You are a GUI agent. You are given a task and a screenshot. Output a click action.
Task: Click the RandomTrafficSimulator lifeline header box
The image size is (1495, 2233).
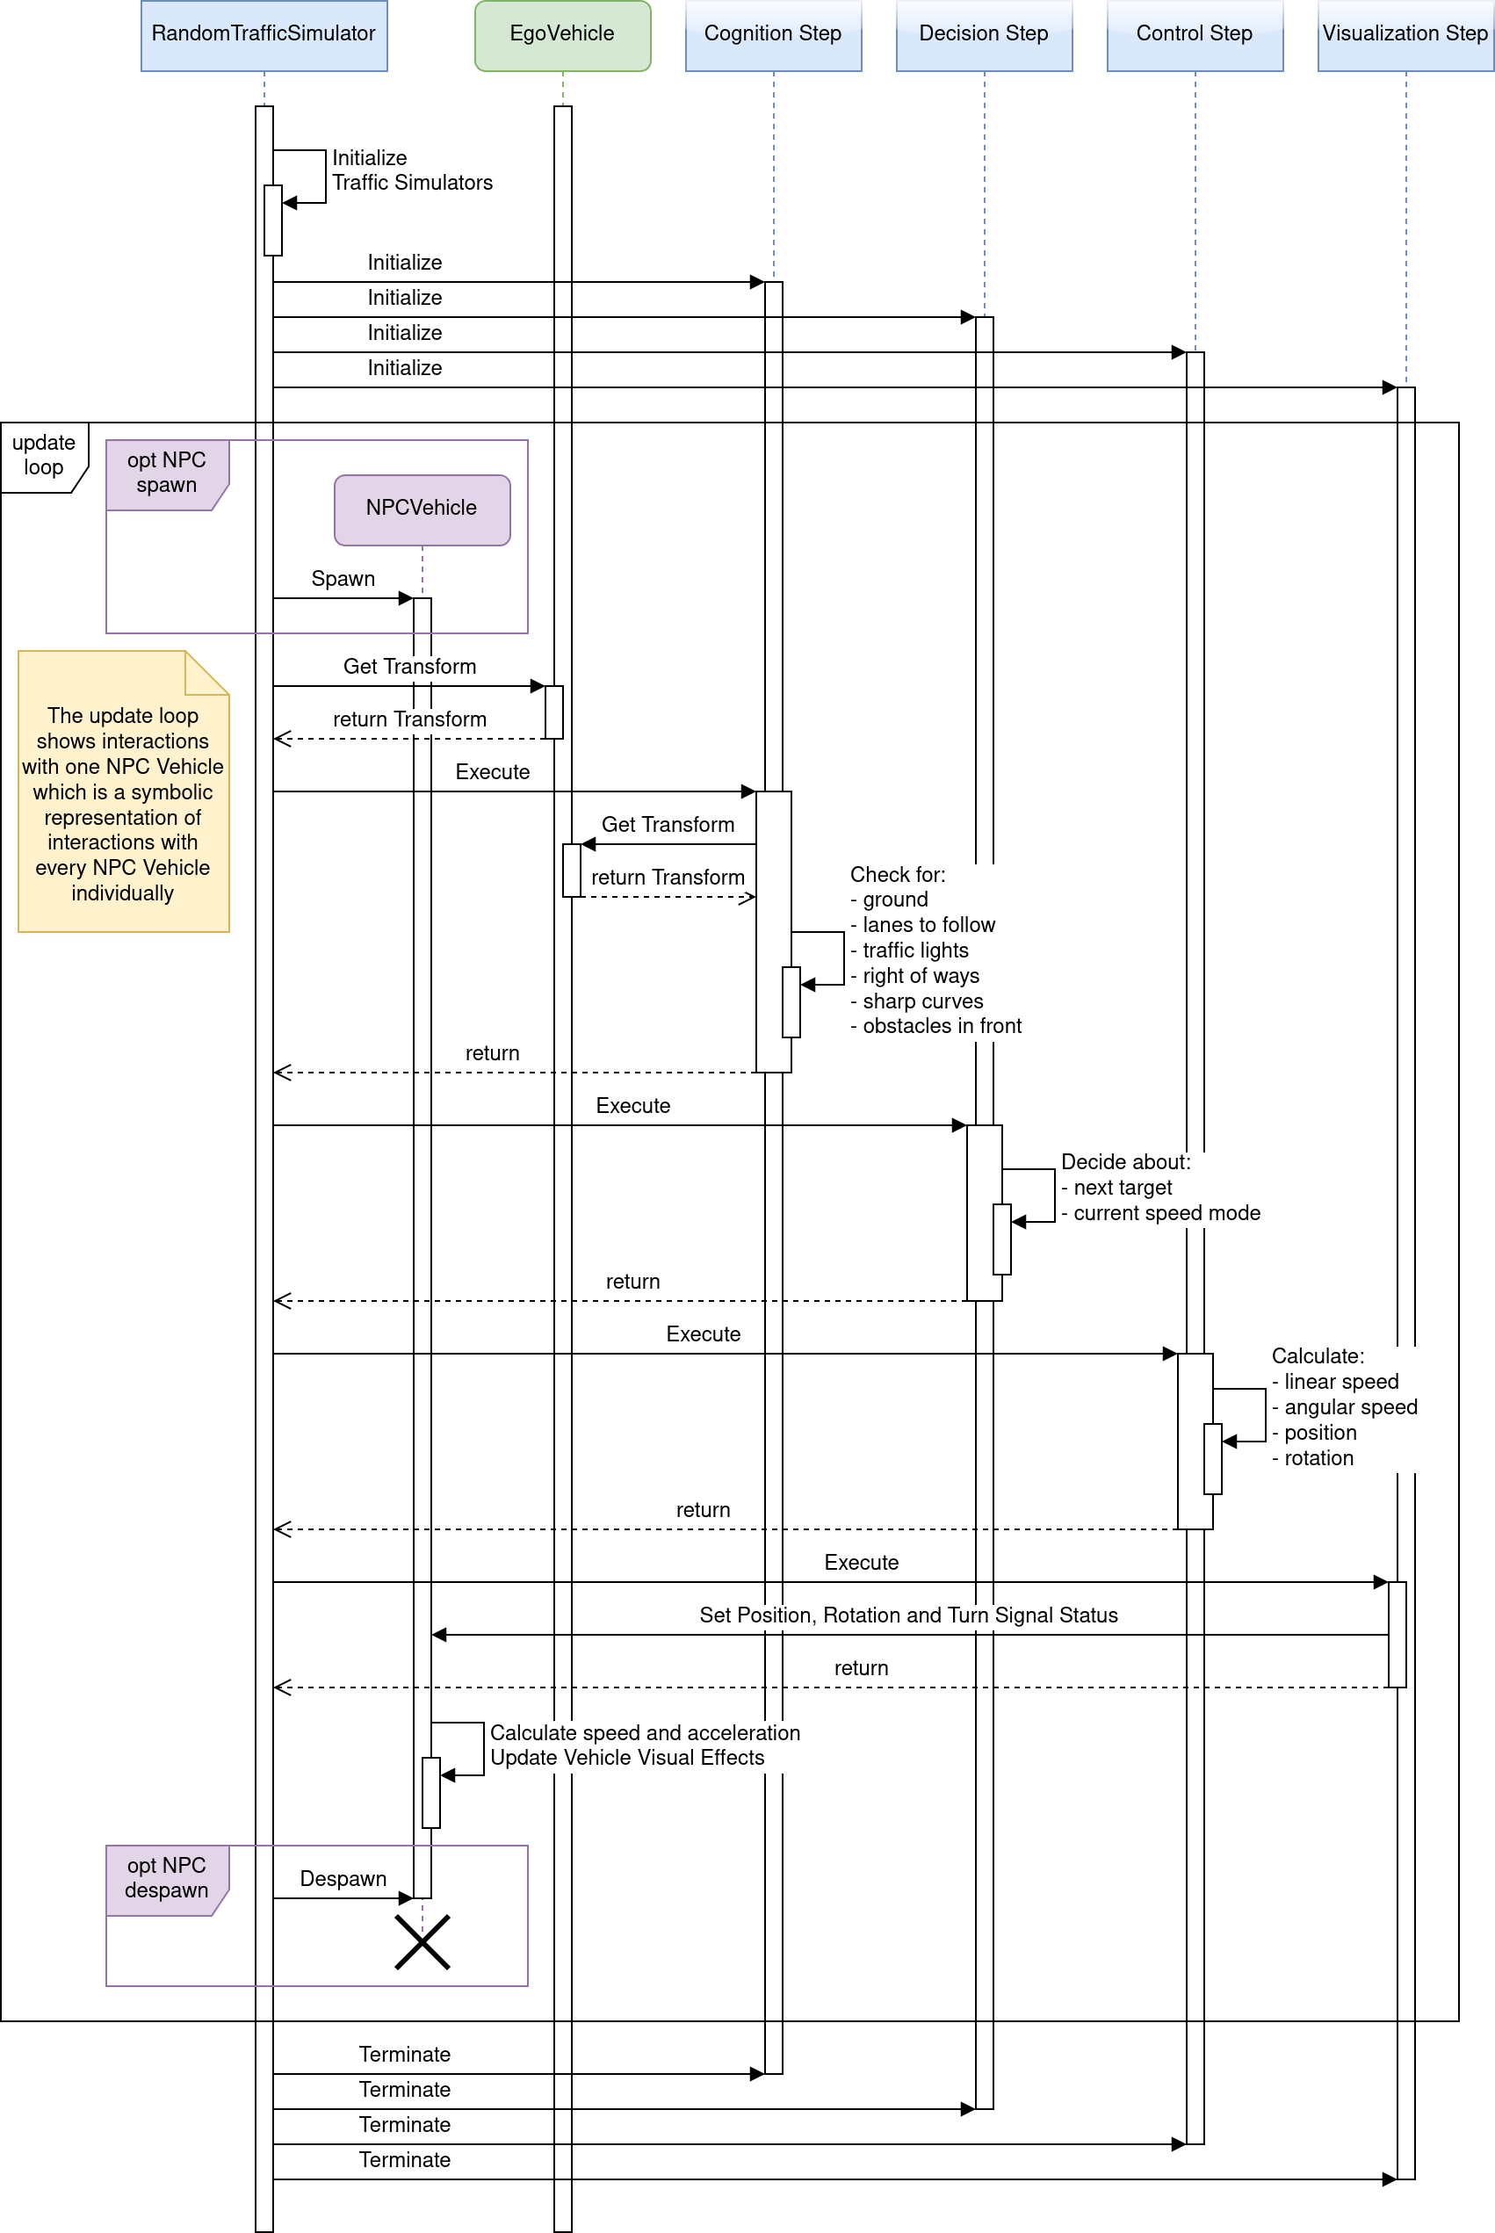[x=264, y=34]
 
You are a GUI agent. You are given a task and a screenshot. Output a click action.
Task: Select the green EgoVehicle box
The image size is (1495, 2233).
[x=562, y=34]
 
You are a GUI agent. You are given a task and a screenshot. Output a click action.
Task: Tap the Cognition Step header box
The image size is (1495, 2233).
[x=772, y=34]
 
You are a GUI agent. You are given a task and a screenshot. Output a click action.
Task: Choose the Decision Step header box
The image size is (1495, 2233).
[x=983, y=34]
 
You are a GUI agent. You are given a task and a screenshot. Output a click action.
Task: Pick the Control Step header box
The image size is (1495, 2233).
[x=1194, y=34]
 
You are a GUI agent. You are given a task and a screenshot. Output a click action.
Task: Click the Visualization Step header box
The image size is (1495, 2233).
[x=1405, y=34]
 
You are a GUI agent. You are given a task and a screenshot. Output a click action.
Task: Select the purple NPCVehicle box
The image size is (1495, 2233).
[x=422, y=509]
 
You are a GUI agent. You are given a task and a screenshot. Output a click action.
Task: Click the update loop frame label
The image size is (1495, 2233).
[x=43, y=455]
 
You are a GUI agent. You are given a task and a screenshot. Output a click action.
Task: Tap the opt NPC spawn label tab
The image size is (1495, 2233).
[x=166, y=473]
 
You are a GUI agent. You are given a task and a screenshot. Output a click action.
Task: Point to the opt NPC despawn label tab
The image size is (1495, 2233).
[x=166, y=1877]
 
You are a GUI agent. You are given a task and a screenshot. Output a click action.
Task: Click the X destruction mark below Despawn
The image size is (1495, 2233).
[x=422, y=1942]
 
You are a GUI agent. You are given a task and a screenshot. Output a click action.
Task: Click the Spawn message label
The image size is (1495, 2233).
[x=343, y=579]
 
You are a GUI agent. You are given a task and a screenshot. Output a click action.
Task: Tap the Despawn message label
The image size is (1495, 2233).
[x=343, y=1878]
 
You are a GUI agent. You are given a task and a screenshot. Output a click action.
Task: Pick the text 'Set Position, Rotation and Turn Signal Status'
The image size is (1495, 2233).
[x=907, y=1615]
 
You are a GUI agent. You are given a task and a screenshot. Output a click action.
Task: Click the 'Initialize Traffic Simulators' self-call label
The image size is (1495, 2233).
[x=411, y=170]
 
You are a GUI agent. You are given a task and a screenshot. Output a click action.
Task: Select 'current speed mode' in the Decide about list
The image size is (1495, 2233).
[x=1166, y=1213]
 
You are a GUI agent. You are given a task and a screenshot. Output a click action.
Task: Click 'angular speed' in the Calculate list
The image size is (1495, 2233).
[x=1350, y=1407]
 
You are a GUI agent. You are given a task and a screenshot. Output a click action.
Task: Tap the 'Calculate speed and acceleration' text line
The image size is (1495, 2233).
[x=645, y=1732]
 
